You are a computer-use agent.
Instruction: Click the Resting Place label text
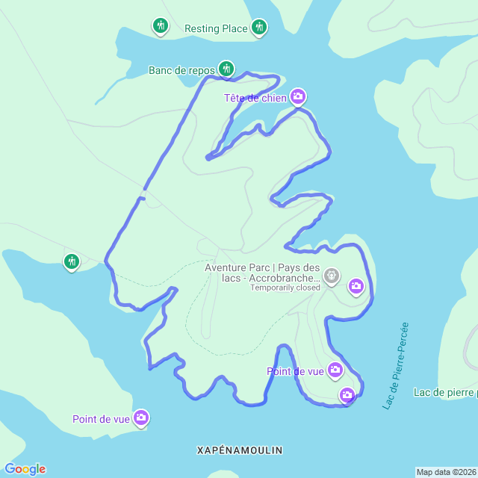(216, 29)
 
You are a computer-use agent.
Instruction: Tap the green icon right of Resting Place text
(259, 28)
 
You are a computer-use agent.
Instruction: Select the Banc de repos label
(181, 71)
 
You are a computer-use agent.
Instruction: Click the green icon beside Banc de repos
(226, 69)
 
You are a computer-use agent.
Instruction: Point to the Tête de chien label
(255, 98)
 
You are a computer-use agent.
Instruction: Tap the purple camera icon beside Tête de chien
(298, 96)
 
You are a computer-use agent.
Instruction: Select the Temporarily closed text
(285, 288)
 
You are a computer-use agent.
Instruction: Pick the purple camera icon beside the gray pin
(356, 285)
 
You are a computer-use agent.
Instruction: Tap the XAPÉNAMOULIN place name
(240, 450)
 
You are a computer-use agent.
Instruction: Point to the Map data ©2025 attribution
(446, 472)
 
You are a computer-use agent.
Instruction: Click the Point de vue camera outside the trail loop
(141, 418)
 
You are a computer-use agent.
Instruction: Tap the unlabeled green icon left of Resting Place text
(160, 27)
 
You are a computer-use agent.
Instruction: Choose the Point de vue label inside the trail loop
(295, 371)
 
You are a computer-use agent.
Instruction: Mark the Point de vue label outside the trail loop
(101, 419)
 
